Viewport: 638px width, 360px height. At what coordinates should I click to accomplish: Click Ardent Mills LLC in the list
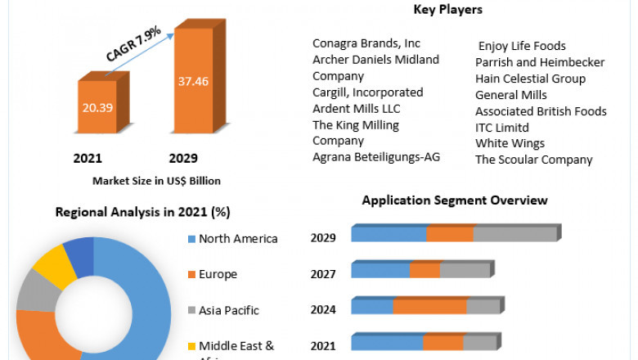click(x=357, y=109)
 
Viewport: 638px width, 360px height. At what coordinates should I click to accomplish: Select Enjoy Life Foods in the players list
click(x=522, y=46)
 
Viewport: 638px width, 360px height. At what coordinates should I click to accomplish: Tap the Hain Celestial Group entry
click(x=530, y=79)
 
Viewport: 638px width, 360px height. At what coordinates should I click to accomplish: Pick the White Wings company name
click(x=510, y=143)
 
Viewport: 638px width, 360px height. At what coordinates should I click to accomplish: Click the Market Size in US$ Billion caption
click(x=156, y=180)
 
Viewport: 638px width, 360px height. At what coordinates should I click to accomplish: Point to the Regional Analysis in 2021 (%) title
click(x=142, y=212)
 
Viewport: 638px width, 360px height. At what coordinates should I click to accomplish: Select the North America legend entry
click(x=238, y=239)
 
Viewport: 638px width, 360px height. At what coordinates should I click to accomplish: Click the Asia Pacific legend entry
click(x=228, y=310)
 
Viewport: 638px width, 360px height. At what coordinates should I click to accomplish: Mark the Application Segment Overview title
click(x=455, y=200)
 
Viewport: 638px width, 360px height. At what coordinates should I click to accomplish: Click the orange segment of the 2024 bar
click(x=429, y=307)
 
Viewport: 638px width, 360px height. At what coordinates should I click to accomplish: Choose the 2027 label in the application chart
click(x=323, y=274)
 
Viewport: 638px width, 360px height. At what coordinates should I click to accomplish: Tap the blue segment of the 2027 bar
click(x=380, y=271)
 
